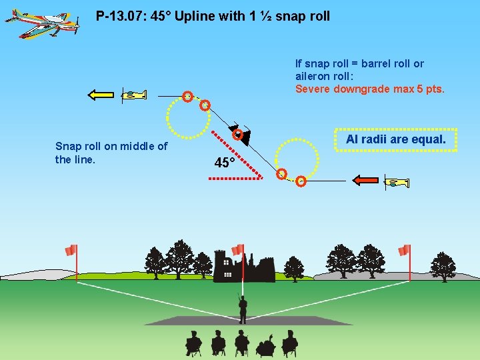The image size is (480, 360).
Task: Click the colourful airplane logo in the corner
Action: tap(41, 23)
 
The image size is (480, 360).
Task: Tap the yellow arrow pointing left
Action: tap(101, 95)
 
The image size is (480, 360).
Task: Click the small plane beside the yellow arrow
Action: tap(133, 95)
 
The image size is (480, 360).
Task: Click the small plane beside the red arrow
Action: tap(397, 181)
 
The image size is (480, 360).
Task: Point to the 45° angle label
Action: tap(225, 163)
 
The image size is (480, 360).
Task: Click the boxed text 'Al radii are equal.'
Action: tap(395, 140)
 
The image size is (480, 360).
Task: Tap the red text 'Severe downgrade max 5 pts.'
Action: tap(370, 89)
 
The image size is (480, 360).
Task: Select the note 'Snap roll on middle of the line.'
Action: tap(111, 153)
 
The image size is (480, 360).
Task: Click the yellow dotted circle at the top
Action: tap(188, 115)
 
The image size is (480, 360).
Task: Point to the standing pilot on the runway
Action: tap(243, 309)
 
